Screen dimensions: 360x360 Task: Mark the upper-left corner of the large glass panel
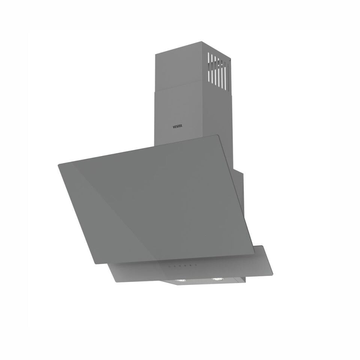59,164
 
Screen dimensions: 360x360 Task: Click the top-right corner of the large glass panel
218,135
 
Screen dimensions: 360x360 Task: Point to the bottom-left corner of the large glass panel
96,263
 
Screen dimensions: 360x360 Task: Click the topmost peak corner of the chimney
202,42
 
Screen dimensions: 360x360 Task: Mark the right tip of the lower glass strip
272,274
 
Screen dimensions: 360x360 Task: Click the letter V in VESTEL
174,127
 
